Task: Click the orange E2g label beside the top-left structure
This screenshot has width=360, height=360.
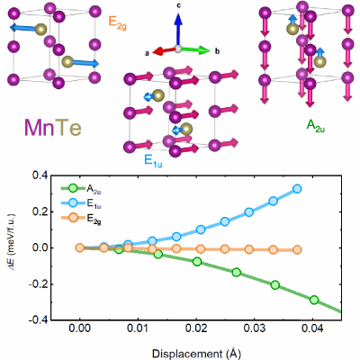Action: pyautogui.click(x=117, y=23)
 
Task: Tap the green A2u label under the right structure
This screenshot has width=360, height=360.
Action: pyautogui.click(x=316, y=126)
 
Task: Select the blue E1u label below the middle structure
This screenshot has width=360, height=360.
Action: pyautogui.click(x=153, y=161)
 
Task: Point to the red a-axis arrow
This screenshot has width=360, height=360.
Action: pyautogui.click(x=165, y=51)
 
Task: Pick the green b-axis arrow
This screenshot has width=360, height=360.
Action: pyautogui.click(x=194, y=50)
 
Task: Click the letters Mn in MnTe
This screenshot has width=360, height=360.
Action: pyautogui.click(x=39, y=127)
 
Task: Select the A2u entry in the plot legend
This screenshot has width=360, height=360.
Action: pyautogui.click(x=81, y=189)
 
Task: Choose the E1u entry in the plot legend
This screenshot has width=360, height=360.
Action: pyautogui.click(x=81, y=203)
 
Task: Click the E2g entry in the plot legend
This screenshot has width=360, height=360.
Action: pyautogui.click(x=81, y=218)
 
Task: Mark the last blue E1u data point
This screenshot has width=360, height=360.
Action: pyautogui.click(x=297, y=189)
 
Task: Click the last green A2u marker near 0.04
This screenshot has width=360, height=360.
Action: pyautogui.click(x=314, y=300)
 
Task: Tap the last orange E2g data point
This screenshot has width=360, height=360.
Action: pyautogui.click(x=297, y=249)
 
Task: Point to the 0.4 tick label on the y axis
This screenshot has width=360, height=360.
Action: pyautogui.click(x=39, y=175)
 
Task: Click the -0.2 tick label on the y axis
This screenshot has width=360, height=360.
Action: pyautogui.click(x=37, y=284)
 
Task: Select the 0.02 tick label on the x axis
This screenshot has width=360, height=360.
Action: pyautogui.click(x=196, y=328)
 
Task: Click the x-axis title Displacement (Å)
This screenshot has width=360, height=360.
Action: pyautogui.click(x=196, y=354)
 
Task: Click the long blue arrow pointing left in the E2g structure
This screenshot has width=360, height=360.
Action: pyautogui.click(x=25, y=28)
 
